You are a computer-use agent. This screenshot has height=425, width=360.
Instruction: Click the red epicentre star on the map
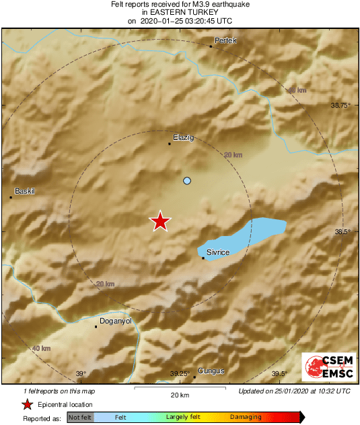(159, 221)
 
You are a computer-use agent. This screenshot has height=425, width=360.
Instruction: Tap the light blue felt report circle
(187, 181)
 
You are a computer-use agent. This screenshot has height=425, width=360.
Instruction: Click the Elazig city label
(183, 137)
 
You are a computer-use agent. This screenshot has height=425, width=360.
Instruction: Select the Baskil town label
(24, 191)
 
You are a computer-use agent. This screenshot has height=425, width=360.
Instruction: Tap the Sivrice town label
(218, 252)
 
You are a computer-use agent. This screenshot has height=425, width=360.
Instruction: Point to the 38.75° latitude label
(341, 106)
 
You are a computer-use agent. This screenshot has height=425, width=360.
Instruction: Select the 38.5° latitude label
(343, 231)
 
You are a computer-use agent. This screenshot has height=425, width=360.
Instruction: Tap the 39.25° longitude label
(180, 375)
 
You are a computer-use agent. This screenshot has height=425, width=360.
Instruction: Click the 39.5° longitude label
(279, 375)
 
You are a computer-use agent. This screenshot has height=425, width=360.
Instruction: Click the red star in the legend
(27, 405)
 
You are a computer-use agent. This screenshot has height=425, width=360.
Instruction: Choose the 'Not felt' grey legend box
(80, 418)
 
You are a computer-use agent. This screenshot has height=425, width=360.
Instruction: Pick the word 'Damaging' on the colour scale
(246, 418)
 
